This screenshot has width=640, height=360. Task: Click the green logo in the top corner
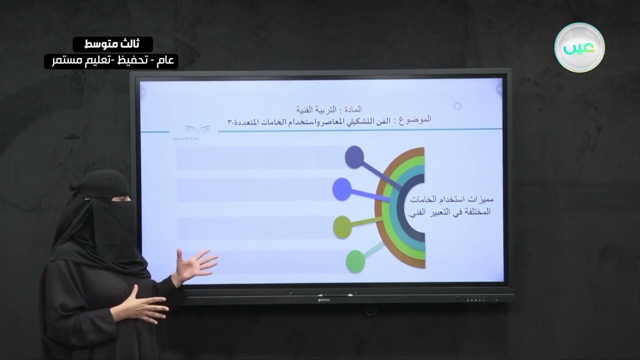coord(579,47)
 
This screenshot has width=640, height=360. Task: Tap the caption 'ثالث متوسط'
coord(112,44)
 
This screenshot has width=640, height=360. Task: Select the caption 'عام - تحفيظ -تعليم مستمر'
coord(111,61)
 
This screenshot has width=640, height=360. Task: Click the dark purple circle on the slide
coord(354,157)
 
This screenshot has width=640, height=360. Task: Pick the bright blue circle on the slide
coord(342,189)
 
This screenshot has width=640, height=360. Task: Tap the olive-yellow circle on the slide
coord(342,227)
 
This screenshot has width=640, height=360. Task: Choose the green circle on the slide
coord(355,261)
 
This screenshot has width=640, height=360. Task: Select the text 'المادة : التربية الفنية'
coord(329,108)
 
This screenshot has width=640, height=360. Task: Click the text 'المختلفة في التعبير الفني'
coord(449,212)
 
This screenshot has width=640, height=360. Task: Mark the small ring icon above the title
coord(457,106)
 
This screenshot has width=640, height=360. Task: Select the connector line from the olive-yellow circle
coord(367,220)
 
